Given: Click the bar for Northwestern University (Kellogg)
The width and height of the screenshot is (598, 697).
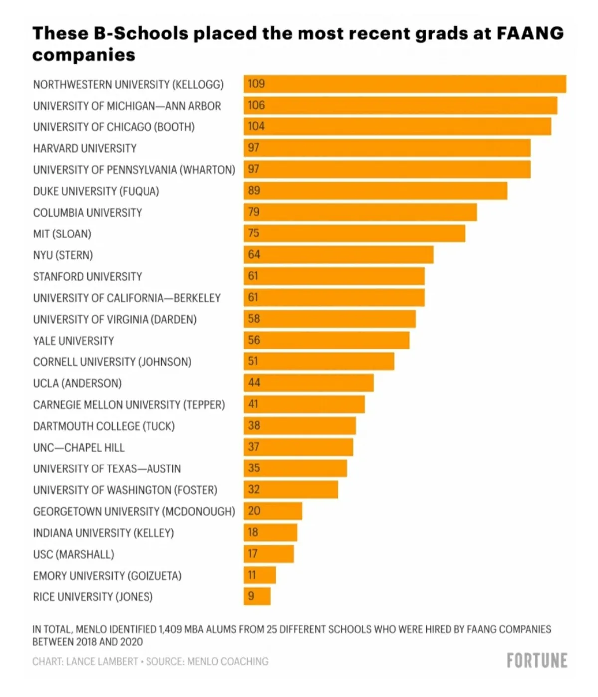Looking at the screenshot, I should coord(405,84).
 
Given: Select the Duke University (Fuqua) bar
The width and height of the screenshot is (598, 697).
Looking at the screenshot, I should coord(375,191).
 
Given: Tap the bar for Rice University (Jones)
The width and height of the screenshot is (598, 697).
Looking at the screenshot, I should coord(257,596).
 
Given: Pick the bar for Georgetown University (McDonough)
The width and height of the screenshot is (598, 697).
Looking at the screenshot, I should coord(273,511).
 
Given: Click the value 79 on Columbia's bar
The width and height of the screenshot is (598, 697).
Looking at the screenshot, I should coord(254,212).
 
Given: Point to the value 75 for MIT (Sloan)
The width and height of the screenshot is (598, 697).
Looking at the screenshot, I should coord(254,233).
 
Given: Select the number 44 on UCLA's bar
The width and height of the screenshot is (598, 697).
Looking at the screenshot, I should coord(254,383).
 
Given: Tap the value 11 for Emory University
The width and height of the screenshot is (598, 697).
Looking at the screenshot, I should coord(252,575).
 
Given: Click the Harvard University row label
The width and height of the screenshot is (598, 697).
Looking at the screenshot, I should coord(85,148).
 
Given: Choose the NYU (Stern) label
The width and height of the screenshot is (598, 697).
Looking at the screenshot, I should coord(63,255).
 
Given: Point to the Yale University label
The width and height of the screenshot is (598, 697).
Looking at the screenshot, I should coord(73,341).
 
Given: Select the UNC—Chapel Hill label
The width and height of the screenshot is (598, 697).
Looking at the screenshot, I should coord(79,448).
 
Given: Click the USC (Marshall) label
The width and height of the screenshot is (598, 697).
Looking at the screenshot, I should coord(73,554).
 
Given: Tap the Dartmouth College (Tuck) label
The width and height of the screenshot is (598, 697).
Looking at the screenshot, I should coord(104,426).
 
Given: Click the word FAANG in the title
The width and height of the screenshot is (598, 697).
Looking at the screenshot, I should coord(530,33).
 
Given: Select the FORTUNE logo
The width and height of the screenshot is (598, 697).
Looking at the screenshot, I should coord(537,661).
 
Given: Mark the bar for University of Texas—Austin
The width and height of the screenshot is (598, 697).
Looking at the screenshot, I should coord(295,468).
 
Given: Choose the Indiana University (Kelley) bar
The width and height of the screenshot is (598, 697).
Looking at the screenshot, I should coord(270,532).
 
